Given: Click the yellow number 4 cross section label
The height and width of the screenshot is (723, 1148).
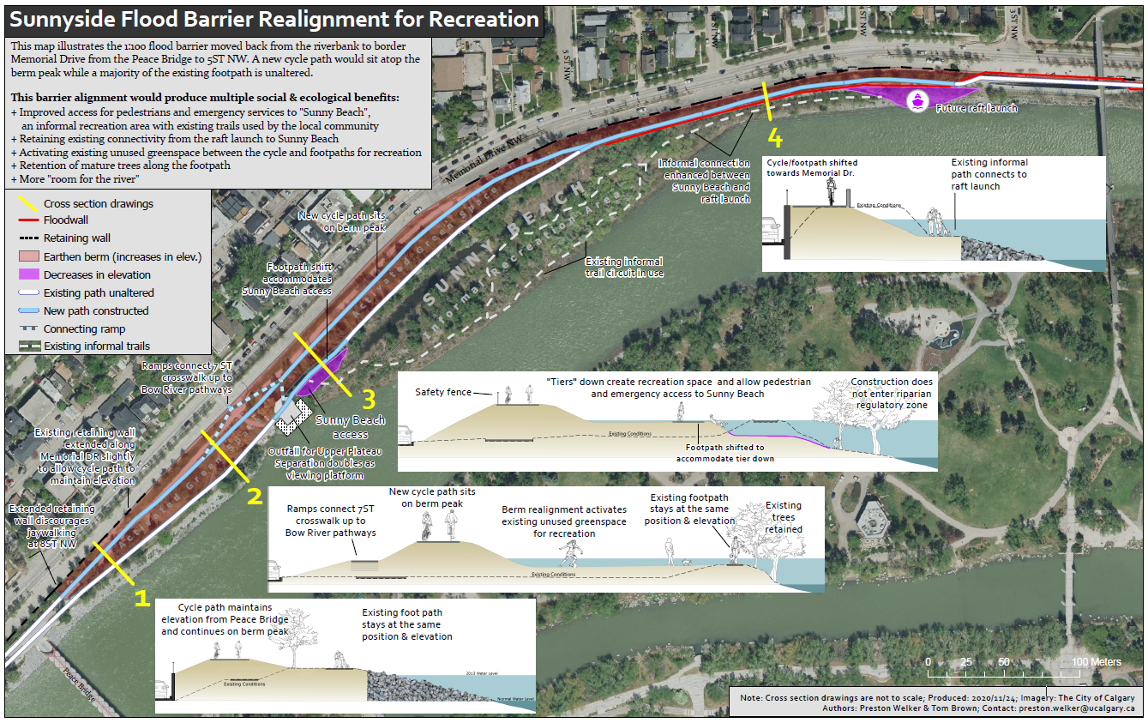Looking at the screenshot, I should (x=775, y=137).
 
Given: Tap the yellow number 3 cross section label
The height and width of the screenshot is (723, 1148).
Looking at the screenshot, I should (x=369, y=399).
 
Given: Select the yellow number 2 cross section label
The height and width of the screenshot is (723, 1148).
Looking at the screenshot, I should (x=254, y=495).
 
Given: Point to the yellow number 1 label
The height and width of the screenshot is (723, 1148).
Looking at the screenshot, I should (x=142, y=598).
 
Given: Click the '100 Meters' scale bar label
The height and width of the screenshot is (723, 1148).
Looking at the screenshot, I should (x=1096, y=662).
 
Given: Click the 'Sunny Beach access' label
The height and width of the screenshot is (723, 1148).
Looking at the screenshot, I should (x=351, y=427).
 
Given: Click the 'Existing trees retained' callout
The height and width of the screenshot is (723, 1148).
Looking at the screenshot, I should (x=784, y=517).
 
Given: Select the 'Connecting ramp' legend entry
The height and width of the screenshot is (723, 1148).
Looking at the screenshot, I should (x=84, y=329).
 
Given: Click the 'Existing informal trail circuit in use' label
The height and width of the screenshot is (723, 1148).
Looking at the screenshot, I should (x=623, y=267).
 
